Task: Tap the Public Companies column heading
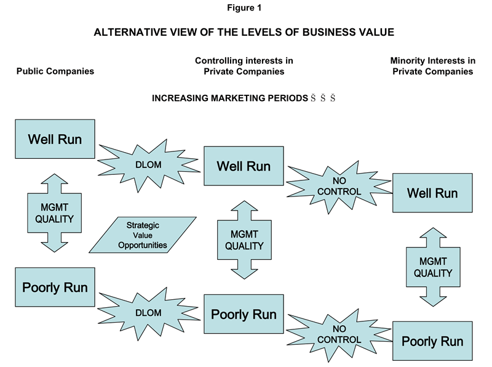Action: click(x=55, y=71)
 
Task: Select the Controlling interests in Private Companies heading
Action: click(x=244, y=66)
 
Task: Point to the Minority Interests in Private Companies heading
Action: click(x=432, y=66)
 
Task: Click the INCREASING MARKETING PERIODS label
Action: click(x=231, y=98)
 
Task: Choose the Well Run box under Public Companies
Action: click(x=55, y=139)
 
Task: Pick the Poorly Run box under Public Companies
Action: click(x=55, y=287)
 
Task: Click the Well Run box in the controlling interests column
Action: click(x=244, y=166)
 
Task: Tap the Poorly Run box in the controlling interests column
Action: click(x=244, y=314)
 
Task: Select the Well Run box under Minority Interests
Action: click(x=432, y=193)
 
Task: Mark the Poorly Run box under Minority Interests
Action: click(x=432, y=341)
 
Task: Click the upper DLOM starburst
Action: click(x=148, y=163)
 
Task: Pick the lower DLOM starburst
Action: click(x=148, y=313)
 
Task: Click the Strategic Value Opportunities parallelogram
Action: click(x=143, y=235)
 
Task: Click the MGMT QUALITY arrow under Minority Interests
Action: click(x=432, y=267)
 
